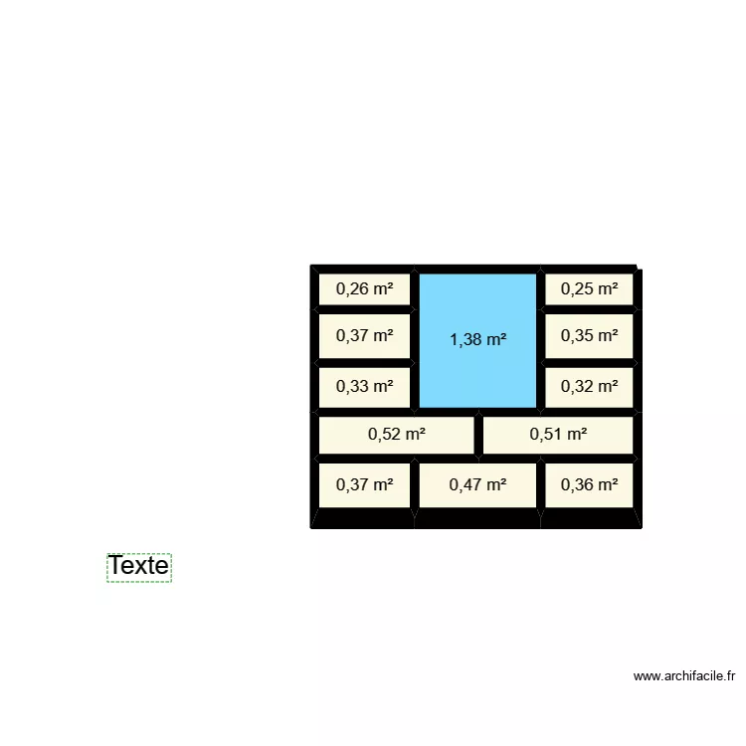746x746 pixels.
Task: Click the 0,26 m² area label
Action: point(364,288)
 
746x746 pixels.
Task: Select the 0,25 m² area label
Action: point(589,288)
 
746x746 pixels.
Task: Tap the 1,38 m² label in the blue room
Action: point(477,340)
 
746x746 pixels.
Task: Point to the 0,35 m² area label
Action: point(589,336)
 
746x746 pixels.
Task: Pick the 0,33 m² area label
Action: point(364,386)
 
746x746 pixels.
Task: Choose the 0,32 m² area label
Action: point(589,386)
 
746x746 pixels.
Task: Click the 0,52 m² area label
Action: point(396,435)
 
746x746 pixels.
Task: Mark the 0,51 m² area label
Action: point(558,435)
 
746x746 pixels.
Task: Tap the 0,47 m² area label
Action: point(477,484)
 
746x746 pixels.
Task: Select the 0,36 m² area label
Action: point(589,484)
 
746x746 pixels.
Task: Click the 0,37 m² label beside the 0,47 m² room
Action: point(364,484)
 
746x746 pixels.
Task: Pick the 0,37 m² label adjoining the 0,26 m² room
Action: point(364,336)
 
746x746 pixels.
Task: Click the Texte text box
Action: point(139,567)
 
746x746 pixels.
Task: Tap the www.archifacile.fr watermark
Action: point(684,676)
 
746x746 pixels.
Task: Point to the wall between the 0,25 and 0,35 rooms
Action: point(589,309)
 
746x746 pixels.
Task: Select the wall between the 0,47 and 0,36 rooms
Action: point(540,485)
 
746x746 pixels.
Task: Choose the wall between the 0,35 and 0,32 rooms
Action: point(589,363)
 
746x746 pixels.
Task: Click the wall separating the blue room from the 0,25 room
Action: point(540,288)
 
